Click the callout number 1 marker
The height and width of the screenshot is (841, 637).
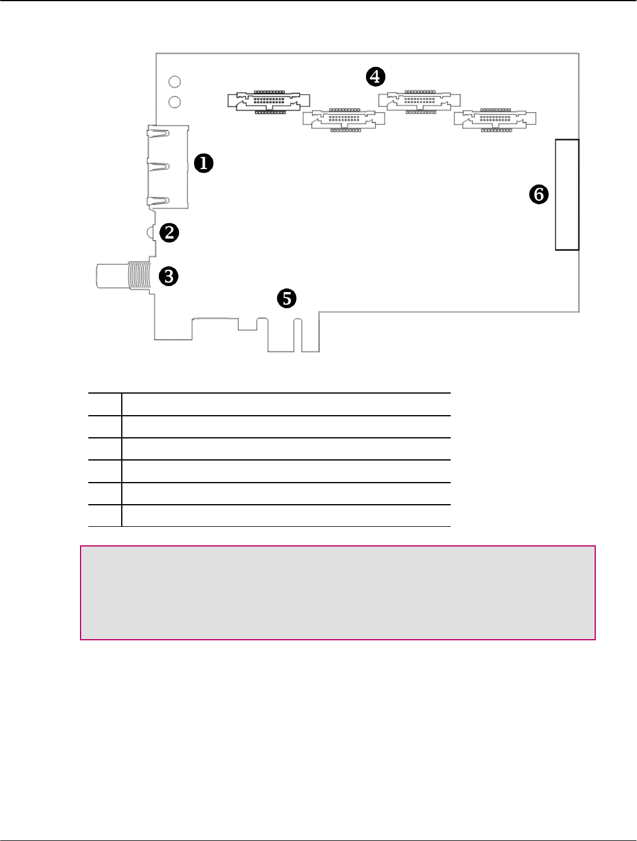point(204,162)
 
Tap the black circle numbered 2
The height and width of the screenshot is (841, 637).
point(170,232)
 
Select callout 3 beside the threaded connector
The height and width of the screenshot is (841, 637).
point(169,276)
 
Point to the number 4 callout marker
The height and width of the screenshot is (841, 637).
point(376,76)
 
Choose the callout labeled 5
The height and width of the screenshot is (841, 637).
point(287,297)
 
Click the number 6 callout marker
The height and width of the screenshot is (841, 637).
point(539,194)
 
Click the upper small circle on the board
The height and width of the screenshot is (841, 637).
point(175,82)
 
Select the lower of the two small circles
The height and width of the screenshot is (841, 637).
point(175,102)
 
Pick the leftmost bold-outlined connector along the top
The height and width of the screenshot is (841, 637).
point(269,102)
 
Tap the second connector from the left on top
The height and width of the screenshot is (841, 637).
point(344,119)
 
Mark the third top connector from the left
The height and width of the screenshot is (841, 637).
point(420,102)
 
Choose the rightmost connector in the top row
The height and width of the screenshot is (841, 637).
point(495,119)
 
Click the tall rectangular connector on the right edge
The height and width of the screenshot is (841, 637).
point(567,195)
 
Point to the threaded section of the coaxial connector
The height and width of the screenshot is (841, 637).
point(139,276)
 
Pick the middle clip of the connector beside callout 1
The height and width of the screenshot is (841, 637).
point(158,167)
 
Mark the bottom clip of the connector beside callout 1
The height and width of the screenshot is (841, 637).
point(158,201)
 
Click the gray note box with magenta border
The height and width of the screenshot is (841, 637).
point(338,593)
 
